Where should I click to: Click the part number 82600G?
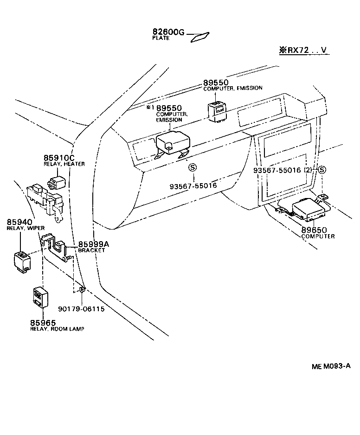coord(168,32)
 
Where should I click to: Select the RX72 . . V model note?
coord(304,50)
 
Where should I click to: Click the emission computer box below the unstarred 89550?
coord(216,111)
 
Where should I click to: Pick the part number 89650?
coord(314,230)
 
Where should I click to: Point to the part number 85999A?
coord(93,244)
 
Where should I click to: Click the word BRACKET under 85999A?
coord(91,250)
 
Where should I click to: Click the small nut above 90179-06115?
coord(82,290)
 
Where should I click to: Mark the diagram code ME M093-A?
coord(331,366)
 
